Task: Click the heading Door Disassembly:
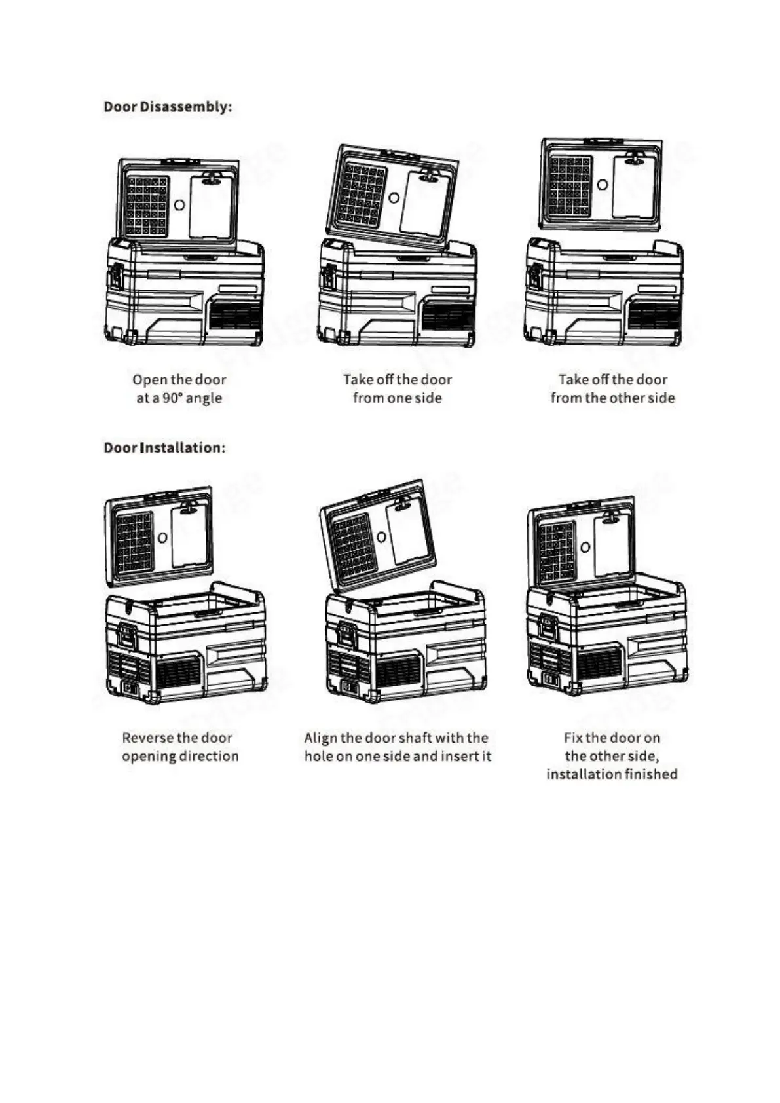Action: click(168, 107)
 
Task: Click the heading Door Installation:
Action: click(164, 448)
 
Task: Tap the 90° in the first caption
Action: click(172, 398)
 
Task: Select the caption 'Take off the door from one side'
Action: click(398, 388)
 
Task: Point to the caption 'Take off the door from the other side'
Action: click(612, 388)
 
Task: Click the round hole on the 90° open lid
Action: click(179, 205)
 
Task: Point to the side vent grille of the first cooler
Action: click(234, 317)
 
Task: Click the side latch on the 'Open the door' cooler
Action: click(116, 275)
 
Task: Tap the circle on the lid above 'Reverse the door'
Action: click(162, 538)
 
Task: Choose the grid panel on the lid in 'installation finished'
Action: click(556, 552)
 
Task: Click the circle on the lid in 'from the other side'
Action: click(603, 185)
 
